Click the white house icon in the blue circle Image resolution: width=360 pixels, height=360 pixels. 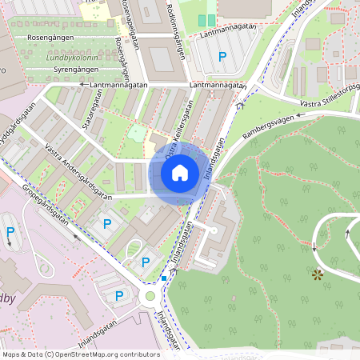coord(180,172)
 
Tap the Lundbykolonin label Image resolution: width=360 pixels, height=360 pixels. coord(72,58)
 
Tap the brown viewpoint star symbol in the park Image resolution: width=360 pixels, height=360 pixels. coord(318,275)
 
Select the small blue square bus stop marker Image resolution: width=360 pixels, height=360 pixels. coord(164,278)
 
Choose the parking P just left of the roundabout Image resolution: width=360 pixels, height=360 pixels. coord(119,296)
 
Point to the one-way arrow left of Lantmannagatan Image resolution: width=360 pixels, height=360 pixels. coord(82,83)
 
